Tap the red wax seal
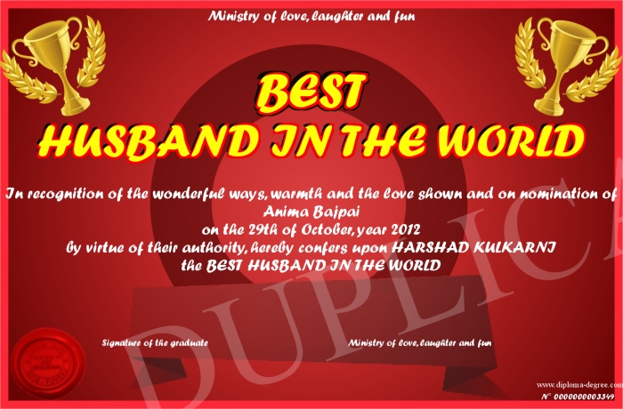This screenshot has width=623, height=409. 48,364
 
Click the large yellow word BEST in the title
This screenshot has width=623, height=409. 311,92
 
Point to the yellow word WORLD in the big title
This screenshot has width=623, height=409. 511,140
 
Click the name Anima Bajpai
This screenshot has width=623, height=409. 311,213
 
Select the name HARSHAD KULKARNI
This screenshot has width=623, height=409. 473,247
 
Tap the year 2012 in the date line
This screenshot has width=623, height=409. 405,229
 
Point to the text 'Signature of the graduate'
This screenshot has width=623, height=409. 155,342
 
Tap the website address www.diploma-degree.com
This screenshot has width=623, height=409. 579,385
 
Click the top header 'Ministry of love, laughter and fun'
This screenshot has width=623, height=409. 311,16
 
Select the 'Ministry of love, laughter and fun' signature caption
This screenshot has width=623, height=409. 419,342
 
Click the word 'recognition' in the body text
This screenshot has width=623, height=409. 76,195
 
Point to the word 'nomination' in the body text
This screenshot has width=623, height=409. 558,194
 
